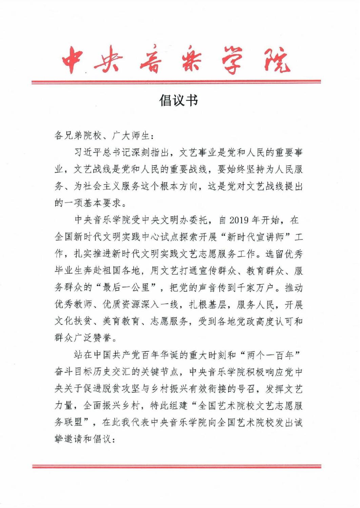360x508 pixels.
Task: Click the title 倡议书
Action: click(x=178, y=101)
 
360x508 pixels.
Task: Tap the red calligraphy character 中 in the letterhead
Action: click(x=73, y=60)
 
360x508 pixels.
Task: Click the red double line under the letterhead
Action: click(x=176, y=82)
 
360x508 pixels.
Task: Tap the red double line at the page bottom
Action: click(x=176, y=466)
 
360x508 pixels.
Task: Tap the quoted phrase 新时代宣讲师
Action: click(x=255, y=237)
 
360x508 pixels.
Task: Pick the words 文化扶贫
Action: click(x=73, y=322)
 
